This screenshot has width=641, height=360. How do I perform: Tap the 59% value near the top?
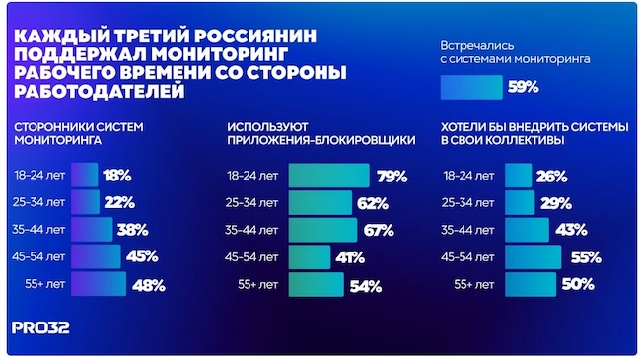coord(522,88)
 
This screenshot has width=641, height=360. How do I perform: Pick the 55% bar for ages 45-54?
coord(533,257)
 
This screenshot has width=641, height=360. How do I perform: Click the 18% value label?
coord(117,176)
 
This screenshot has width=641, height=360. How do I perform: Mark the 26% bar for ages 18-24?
coord(518,176)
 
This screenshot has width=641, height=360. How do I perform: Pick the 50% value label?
coord(578,284)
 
